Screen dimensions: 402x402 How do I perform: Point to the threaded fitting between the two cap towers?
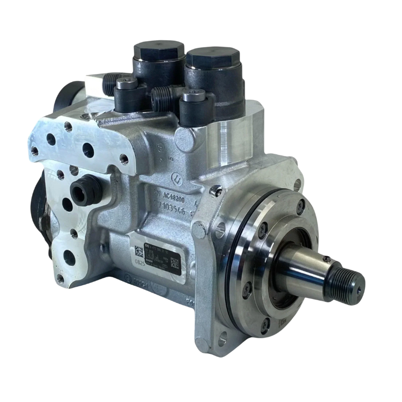coord(159,95)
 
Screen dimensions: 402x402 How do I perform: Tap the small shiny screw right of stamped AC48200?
coord(215,189)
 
